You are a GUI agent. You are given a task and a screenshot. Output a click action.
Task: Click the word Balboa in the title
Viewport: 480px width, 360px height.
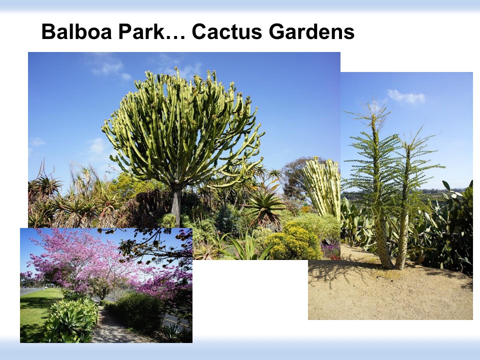point(77,31)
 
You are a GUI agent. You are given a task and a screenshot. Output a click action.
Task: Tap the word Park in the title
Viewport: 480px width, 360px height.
point(141,31)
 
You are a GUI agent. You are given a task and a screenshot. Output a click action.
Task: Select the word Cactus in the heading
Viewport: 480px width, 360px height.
point(227,31)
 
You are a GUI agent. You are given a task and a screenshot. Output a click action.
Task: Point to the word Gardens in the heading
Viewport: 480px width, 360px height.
point(311,31)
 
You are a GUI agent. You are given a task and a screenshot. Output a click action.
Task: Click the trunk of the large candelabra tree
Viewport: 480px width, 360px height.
point(176,204)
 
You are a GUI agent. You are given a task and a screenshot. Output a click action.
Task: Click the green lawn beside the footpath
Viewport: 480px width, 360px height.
point(36,309)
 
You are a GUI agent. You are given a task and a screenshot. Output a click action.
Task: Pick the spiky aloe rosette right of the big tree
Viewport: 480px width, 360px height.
point(265,205)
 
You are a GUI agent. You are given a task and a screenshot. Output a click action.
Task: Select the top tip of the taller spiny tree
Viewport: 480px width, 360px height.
point(374,98)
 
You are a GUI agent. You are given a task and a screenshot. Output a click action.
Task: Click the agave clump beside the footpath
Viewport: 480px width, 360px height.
point(72,318)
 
